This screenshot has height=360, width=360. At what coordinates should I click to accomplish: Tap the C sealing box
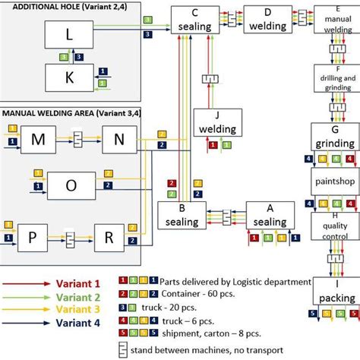pos(195,19)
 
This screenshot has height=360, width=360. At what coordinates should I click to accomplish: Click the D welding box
pos(267,21)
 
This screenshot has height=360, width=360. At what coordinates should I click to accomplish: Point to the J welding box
pos(217,123)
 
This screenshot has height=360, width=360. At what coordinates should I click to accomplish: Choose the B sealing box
pos(182,214)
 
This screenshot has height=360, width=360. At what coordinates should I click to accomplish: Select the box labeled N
pos(118,141)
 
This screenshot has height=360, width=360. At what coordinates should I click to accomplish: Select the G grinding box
pos(334,136)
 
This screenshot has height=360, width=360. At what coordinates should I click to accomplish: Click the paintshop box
pos(334,183)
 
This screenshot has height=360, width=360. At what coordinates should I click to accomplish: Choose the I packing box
pos(334,293)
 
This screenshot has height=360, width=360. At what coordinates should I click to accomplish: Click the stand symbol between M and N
pos(77,141)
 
